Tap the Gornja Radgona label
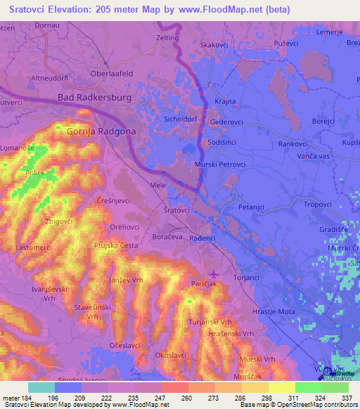tap(101, 131)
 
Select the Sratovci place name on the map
tap(176, 210)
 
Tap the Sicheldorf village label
tap(181, 119)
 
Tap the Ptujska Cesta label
tap(117, 245)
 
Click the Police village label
tap(34, 172)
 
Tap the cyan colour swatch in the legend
tap(41, 387)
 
